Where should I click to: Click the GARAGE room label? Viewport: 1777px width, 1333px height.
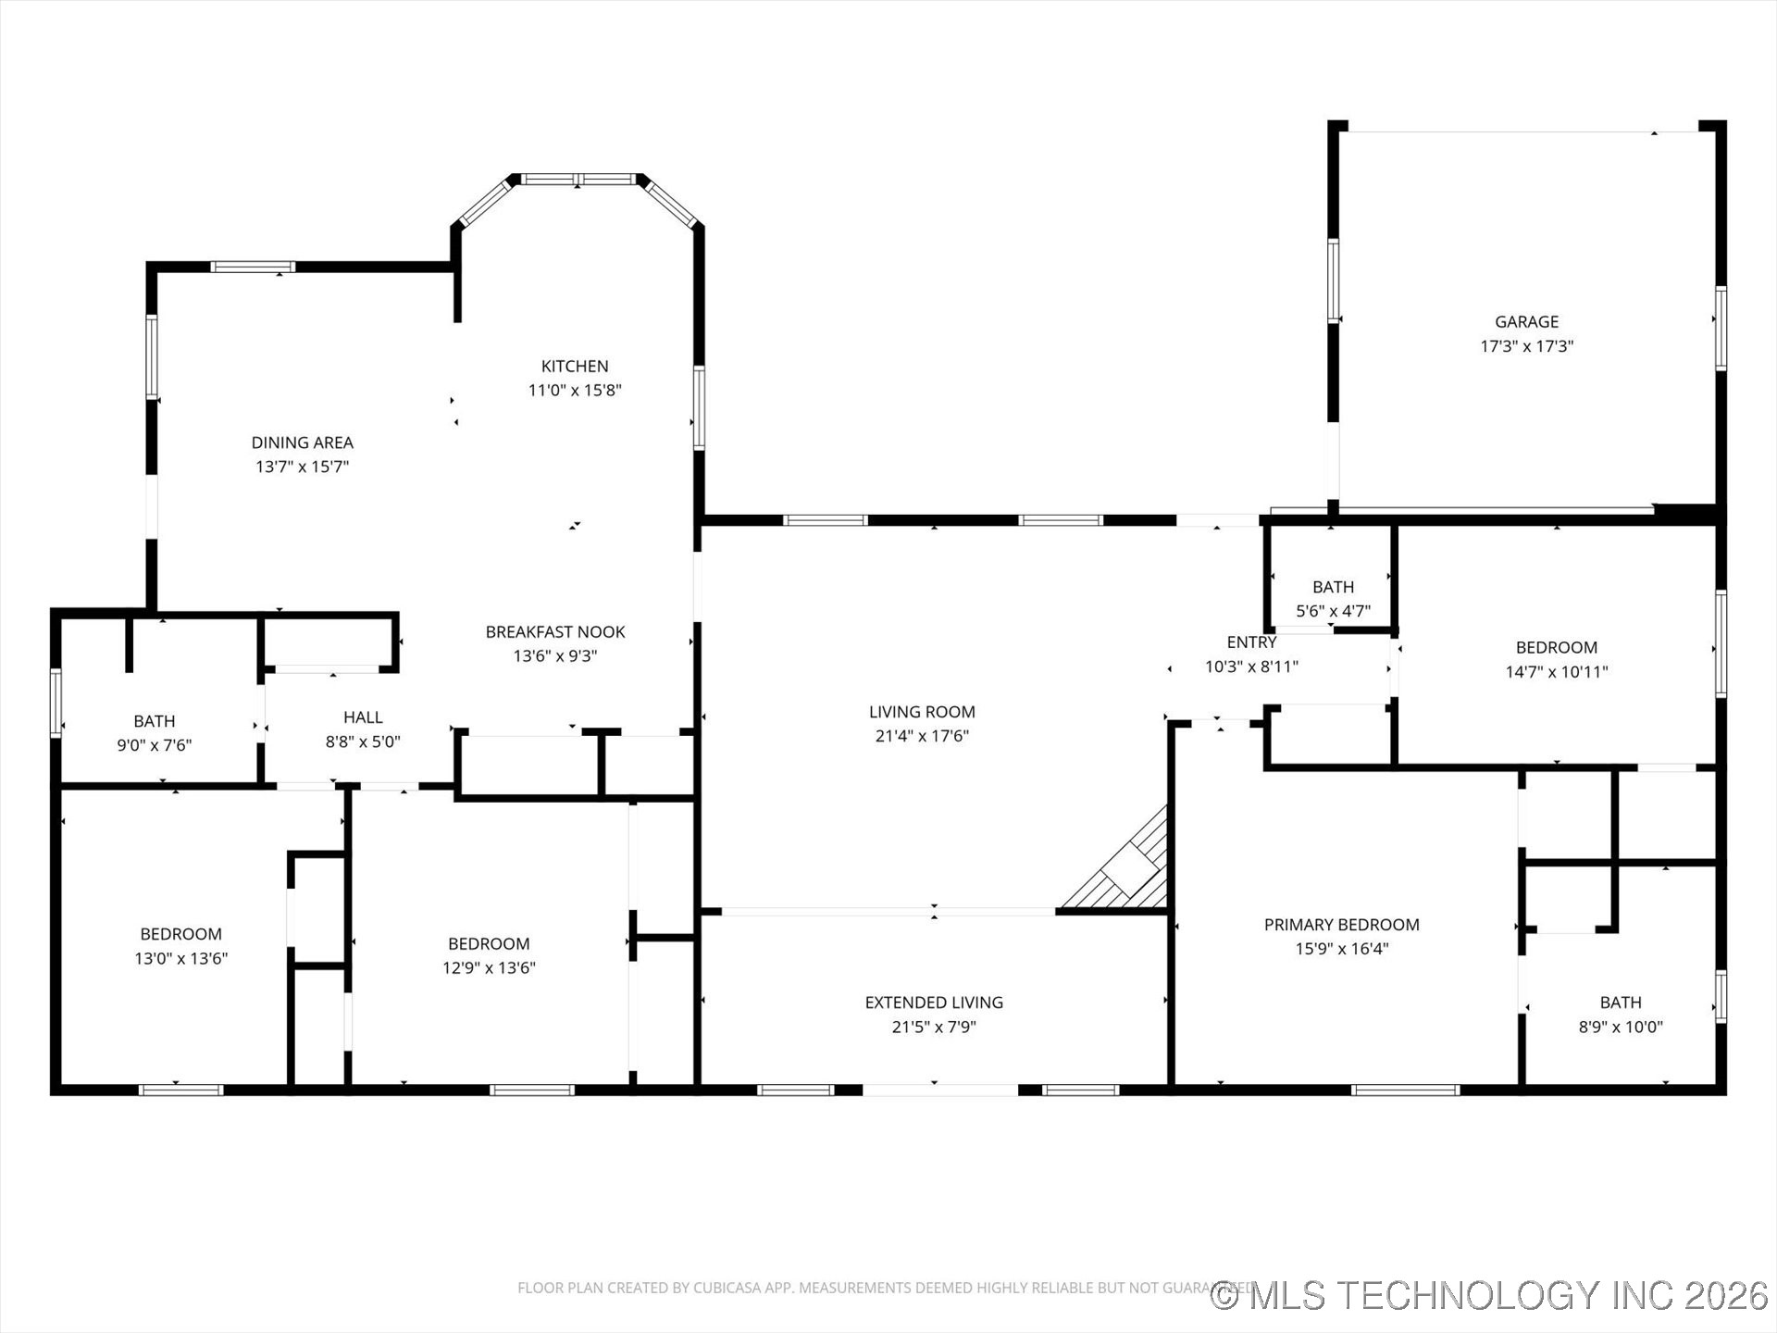pyautogui.click(x=1526, y=322)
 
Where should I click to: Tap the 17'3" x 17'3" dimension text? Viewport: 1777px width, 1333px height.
pyautogui.click(x=1526, y=346)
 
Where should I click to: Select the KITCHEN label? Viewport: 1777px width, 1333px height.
pyautogui.click(x=575, y=367)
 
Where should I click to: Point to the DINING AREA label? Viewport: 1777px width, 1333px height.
pyautogui.click(x=303, y=443)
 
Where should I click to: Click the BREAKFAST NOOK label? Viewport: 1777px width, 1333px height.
pyautogui.click(x=555, y=632)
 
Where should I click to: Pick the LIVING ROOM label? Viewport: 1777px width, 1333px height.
pyautogui.click(x=922, y=712)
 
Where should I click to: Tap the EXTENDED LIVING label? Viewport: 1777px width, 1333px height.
pyautogui.click(x=934, y=1003)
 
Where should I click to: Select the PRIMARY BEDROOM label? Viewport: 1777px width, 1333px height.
pyautogui.click(x=1341, y=925)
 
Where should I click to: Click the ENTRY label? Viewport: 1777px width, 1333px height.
pyautogui.click(x=1251, y=642)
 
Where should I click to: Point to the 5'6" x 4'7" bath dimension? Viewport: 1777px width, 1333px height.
pyautogui.click(x=1333, y=611)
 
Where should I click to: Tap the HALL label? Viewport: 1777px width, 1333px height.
pyautogui.click(x=363, y=717)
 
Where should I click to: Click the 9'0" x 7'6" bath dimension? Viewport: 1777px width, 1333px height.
pyautogui.click(x=155, y=745)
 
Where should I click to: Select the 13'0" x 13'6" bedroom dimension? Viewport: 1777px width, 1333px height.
pyautogui.click(x=181, y=959)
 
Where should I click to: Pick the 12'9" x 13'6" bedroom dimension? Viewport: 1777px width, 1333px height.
pyautogui.click(x=489, y=968)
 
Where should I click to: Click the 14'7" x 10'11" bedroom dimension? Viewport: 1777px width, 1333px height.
pyautogui.click(x=1557, y=672)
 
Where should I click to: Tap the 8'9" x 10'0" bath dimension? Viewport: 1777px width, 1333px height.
pyautogui.click(x=1621, y=1027)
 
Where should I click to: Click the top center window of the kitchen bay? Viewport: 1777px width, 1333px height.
pyautogui.click(x=578, y=180)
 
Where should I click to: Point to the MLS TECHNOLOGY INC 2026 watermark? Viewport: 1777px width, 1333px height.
pyautogui.click(x=1490, y=1295)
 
